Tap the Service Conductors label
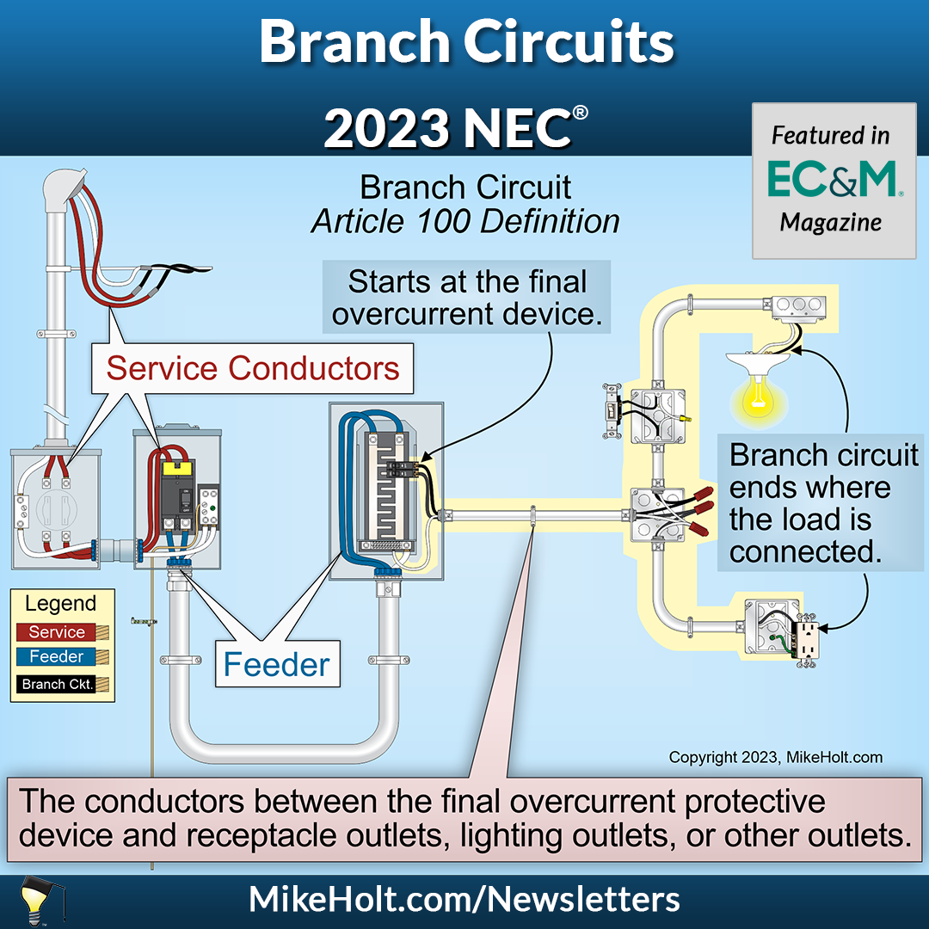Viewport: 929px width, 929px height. click(252, 368)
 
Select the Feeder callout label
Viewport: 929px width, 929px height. click(277, 664)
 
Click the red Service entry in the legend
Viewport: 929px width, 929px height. click(57, 632)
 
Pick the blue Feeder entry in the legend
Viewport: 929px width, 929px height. click(57, 657)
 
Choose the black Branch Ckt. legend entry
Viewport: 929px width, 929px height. click(57, 685)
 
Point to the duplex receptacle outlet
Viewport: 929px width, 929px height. click(807, 637)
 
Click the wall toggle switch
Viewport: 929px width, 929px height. click(612, 412)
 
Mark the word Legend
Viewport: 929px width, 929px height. click(60, 604)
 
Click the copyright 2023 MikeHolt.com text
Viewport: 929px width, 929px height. click(775, 758)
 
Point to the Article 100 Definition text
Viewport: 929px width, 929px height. click(465, 221)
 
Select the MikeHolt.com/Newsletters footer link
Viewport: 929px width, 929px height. click(464, 900)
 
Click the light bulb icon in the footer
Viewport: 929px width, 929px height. click(32, 899)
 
